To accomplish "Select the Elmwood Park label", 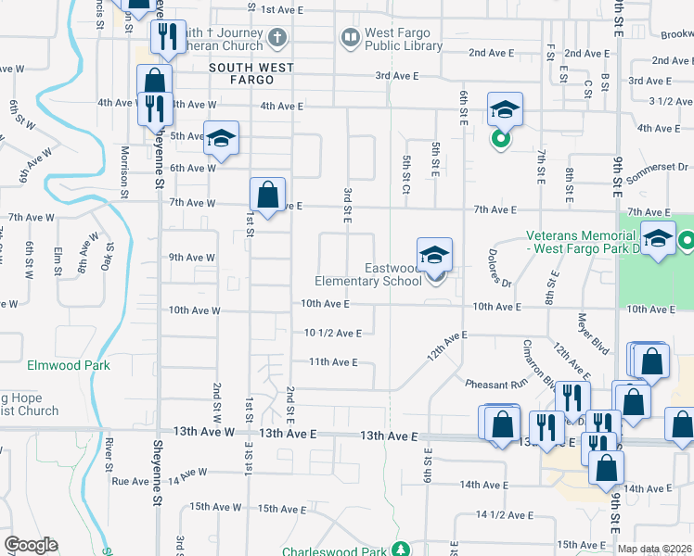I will point(68,365).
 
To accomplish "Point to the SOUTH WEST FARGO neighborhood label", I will point(251,68).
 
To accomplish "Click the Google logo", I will point(31,545).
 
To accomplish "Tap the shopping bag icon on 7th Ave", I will point(267,196).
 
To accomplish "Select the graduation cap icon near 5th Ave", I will point(221,138).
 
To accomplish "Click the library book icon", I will point(351,38).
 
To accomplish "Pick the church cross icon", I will point(276,38).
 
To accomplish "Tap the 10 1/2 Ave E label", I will point(333,333).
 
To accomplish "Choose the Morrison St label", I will point(124,172).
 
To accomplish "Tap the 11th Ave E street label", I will point(333,362).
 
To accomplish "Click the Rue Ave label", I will point(130,481).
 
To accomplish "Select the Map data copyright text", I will point(655,550).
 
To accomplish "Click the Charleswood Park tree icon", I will point(401,550).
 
